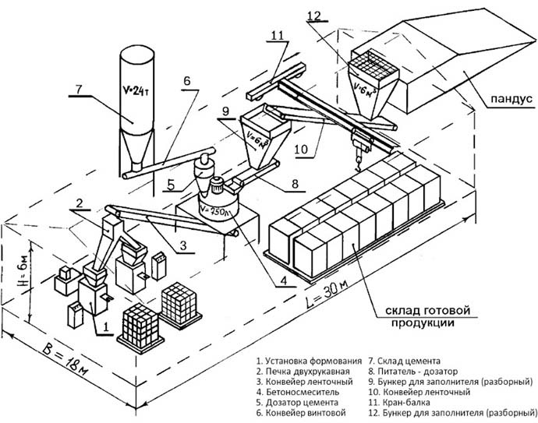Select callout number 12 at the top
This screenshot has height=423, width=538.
point(313,15)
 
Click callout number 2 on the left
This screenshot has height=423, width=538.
point(80,204)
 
